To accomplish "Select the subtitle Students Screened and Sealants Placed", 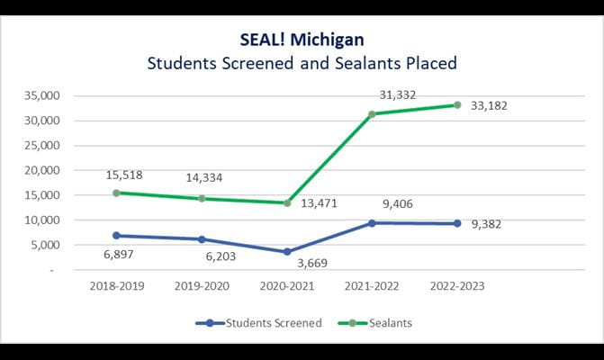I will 302,65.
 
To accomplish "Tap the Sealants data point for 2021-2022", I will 372,114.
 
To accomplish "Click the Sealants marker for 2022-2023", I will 456,105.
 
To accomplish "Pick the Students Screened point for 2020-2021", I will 287,252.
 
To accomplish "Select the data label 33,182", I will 490,106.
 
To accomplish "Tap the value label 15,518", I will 124,174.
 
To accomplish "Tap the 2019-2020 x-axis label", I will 203,287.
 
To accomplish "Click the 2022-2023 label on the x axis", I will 456,287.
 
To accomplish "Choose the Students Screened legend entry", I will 261,322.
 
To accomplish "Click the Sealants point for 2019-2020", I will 203,198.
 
